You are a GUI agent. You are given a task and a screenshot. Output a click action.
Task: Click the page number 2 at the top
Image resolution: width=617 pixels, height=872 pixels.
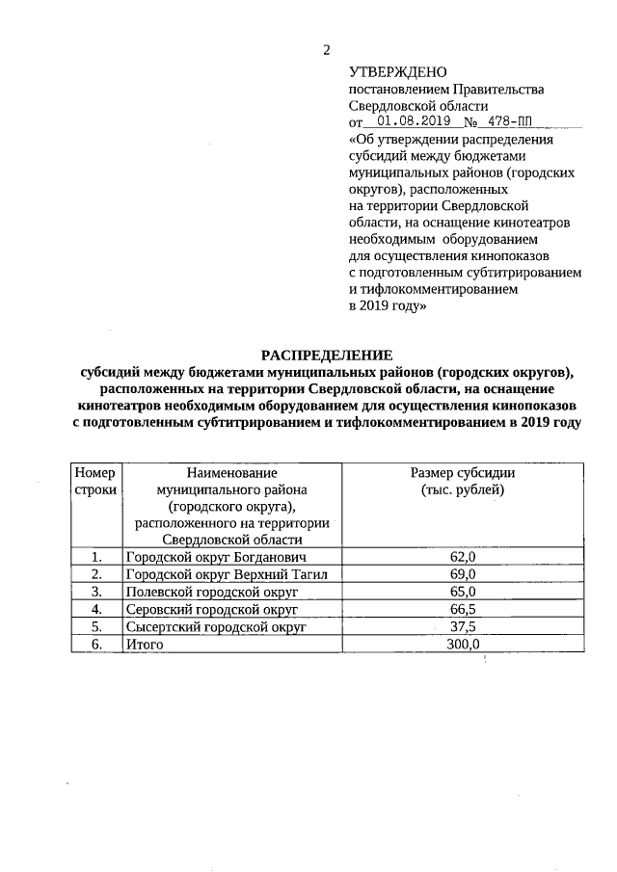(327, 49)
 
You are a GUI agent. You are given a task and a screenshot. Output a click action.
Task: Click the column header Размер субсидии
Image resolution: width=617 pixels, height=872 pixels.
(463, 472)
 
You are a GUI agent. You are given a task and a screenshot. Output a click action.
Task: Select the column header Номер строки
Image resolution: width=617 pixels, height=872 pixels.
(94, 481)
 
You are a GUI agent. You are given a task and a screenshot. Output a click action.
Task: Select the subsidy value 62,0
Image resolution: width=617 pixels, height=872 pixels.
(463, 557)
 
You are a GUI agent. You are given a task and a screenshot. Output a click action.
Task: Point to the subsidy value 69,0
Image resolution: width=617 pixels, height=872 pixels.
(463, 574)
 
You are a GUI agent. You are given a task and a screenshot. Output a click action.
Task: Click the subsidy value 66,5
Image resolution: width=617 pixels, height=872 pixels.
(463, 609)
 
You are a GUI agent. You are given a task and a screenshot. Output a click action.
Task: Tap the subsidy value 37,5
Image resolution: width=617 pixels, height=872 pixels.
(463, 626)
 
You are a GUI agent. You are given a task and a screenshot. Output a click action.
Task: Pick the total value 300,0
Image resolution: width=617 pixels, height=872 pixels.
(463, 644)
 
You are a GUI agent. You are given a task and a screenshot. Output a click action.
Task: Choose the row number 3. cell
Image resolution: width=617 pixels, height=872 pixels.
(95, 592)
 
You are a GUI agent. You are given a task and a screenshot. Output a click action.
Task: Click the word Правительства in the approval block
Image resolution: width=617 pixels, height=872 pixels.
(496, 90)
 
